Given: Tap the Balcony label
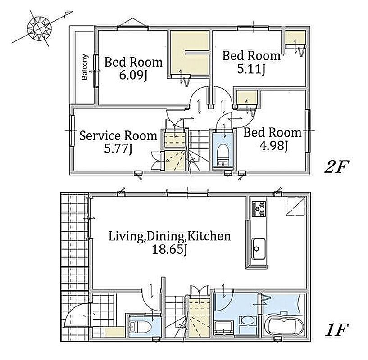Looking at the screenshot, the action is pos(85,67).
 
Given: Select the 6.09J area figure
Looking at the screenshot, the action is pos(133,75).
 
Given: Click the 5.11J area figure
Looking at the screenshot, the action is pos(251,69).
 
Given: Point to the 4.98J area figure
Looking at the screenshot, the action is pos(274,147).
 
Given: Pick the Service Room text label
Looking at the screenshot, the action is pos(118,136).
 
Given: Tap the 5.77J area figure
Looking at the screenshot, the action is pos(118,148).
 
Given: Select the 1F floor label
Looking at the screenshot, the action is pos(336,330).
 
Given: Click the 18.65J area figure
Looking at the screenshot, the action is pos(169,249).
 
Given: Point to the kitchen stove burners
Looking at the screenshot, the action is pos(259,209).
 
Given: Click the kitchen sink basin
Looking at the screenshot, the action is pos(259,248).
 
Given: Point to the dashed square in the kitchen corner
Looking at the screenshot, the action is pos(295,206).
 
